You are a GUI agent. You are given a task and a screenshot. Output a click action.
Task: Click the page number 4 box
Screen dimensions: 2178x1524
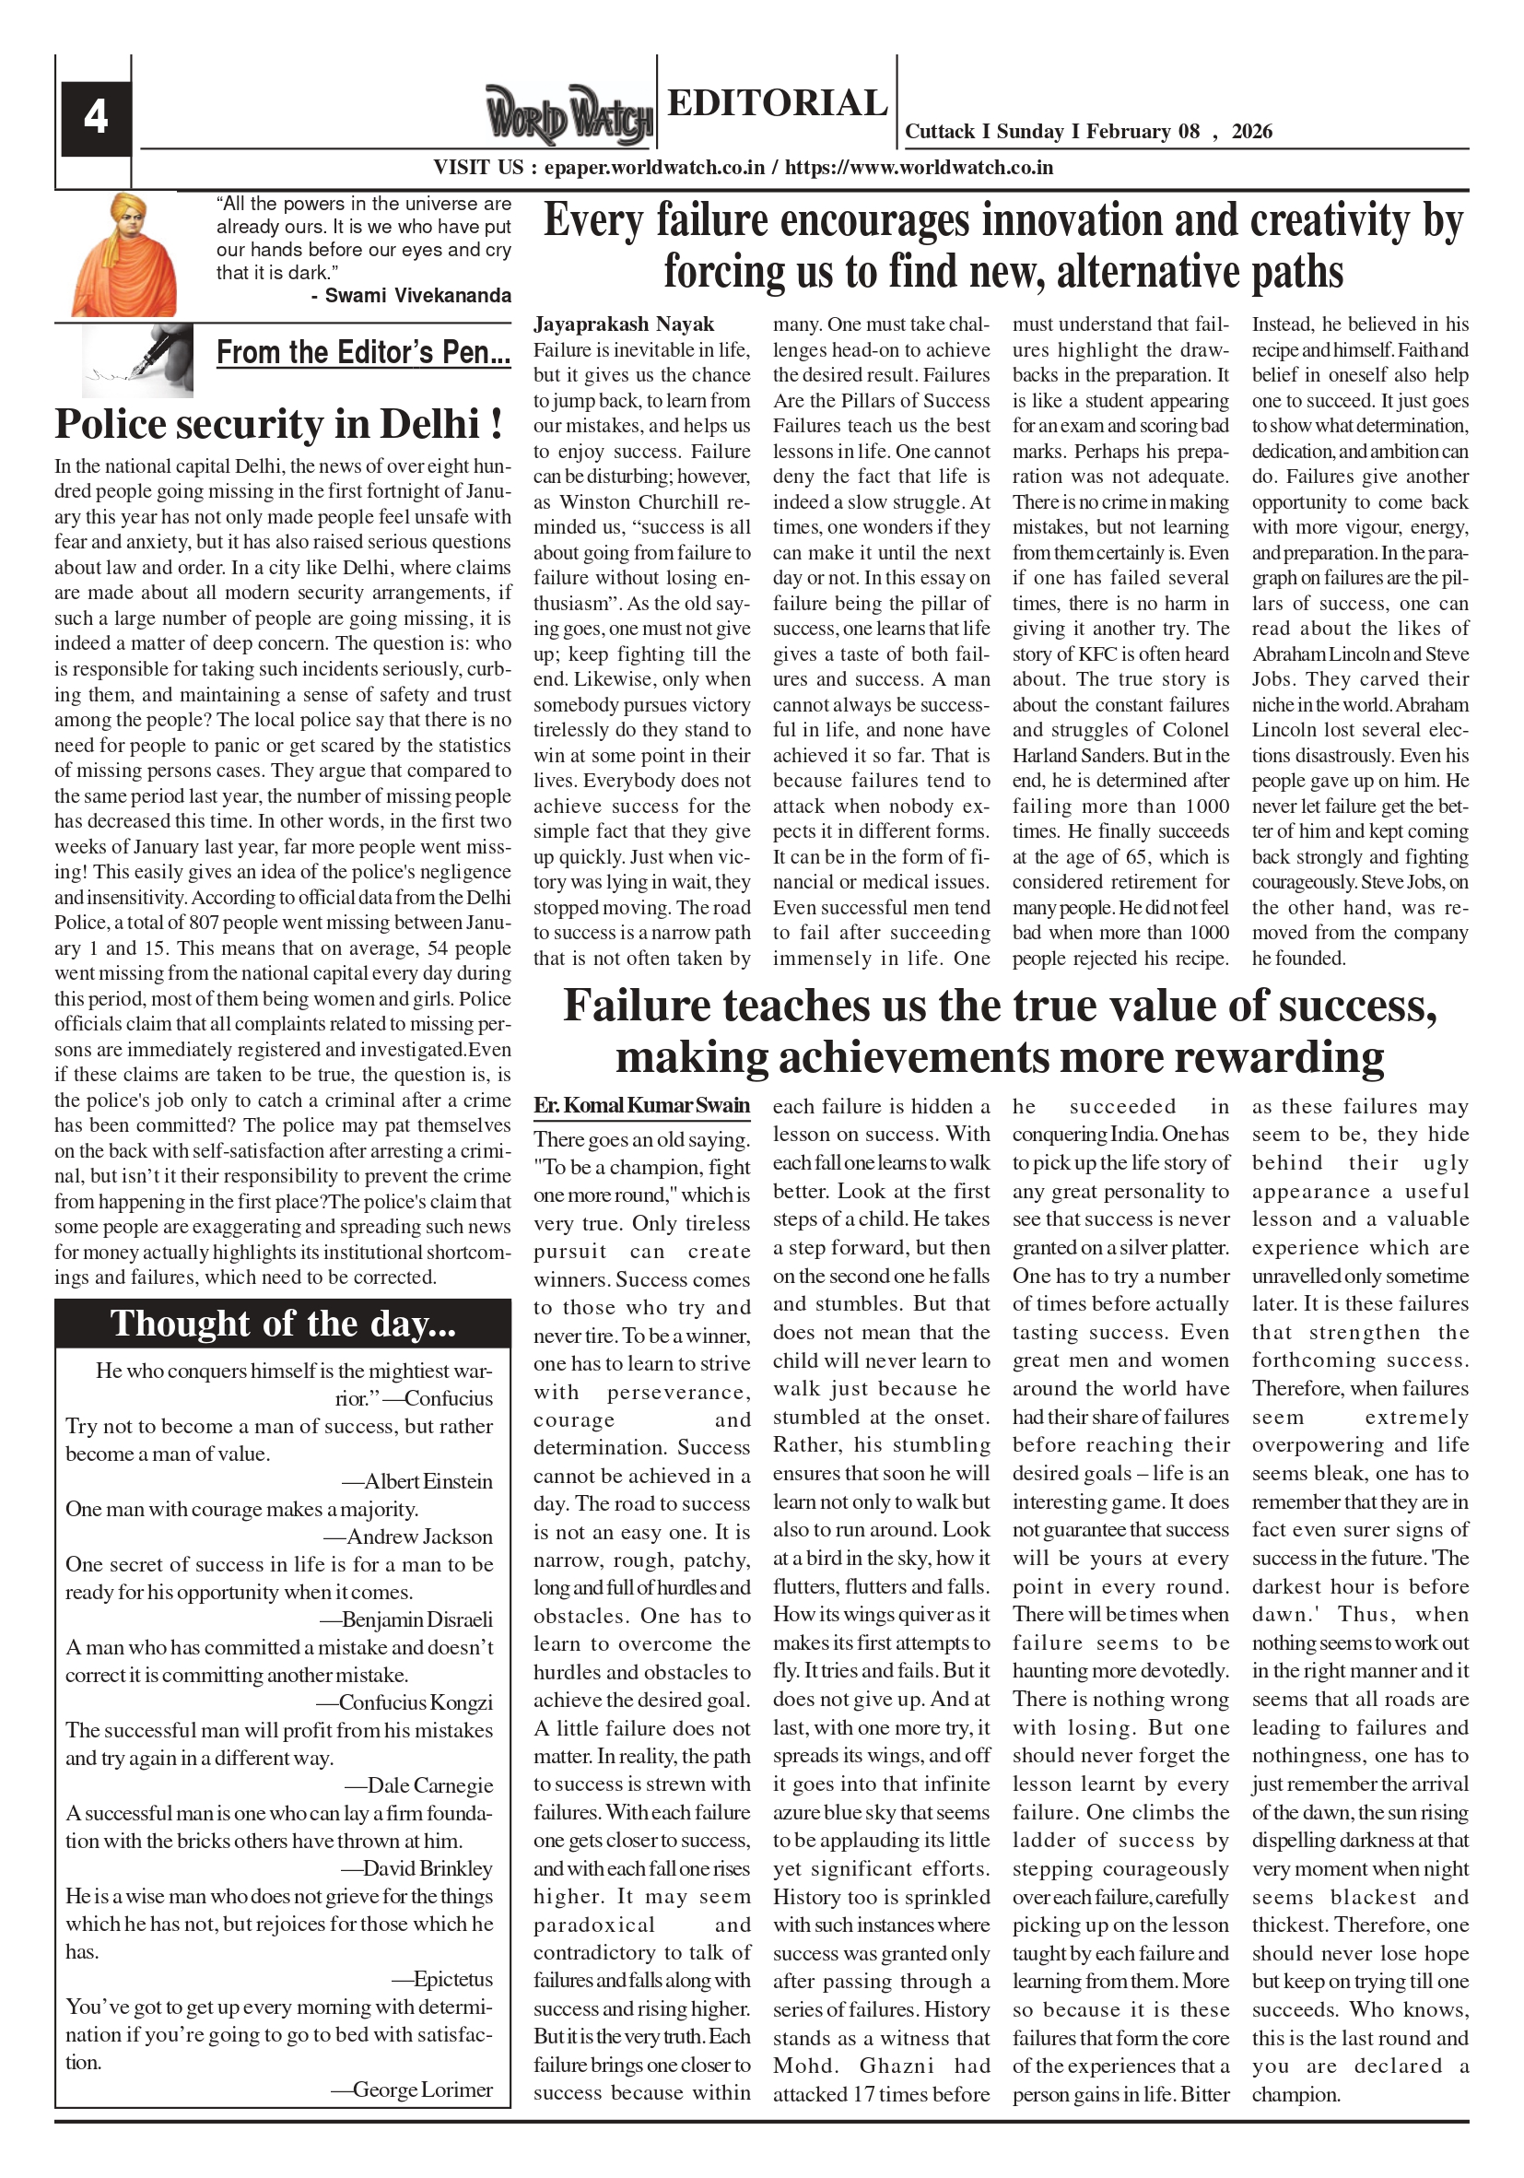[x=94, y=118]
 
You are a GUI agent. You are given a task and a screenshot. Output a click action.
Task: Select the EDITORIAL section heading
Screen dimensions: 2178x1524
[x=777, y=102]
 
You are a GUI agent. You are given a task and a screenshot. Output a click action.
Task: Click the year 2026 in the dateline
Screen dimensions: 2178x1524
[x=1252, y=132]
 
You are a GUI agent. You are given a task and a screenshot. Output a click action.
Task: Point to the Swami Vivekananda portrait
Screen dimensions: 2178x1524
[x=123, y=254]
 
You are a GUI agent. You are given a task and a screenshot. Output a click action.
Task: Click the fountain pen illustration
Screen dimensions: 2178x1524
[x=138, y=359]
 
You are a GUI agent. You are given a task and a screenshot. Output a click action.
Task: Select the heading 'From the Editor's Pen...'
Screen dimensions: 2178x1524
[x=363, y=352]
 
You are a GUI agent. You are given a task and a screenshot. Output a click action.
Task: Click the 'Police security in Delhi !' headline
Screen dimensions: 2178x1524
[x=279, y=424]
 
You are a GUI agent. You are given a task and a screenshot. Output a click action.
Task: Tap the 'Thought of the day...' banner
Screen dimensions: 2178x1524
[x=283, y=1324]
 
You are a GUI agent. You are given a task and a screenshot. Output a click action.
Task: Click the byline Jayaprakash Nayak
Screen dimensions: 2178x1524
[x=623, y=324]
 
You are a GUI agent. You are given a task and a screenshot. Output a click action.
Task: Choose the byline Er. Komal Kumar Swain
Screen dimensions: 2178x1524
[x=641, y=1105]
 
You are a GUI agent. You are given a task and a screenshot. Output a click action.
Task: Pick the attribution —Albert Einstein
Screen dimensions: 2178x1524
[x=417, y=1482]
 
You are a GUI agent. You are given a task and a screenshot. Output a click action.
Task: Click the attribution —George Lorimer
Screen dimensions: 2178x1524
[x=412, y=2089]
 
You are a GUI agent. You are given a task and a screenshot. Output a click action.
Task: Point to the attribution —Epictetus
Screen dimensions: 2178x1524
[x=442, y=1979]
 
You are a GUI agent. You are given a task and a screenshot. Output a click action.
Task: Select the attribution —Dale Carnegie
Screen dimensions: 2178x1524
[x=418, y=1785]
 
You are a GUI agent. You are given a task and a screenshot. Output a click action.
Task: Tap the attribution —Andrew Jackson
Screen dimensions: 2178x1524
[x=408, y=1536]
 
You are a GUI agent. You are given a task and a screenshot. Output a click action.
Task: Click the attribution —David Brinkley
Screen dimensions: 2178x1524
[x=416, y=1867]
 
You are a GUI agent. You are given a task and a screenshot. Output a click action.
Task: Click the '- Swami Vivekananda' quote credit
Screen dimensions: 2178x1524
[x=411, y=296]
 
